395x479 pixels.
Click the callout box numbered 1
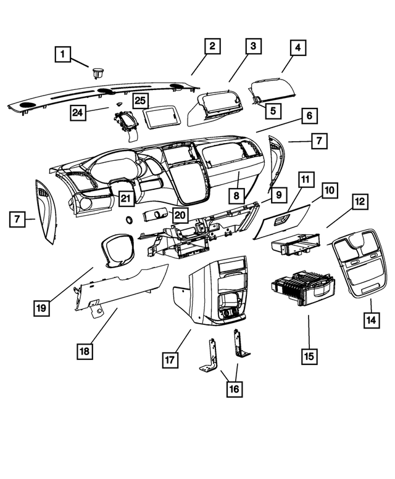click(x=62, y=54)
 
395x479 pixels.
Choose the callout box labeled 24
click(x=78, y=112)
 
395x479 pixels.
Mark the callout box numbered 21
click(x=126, y=199)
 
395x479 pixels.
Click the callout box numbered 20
click(x=179, y=215)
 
